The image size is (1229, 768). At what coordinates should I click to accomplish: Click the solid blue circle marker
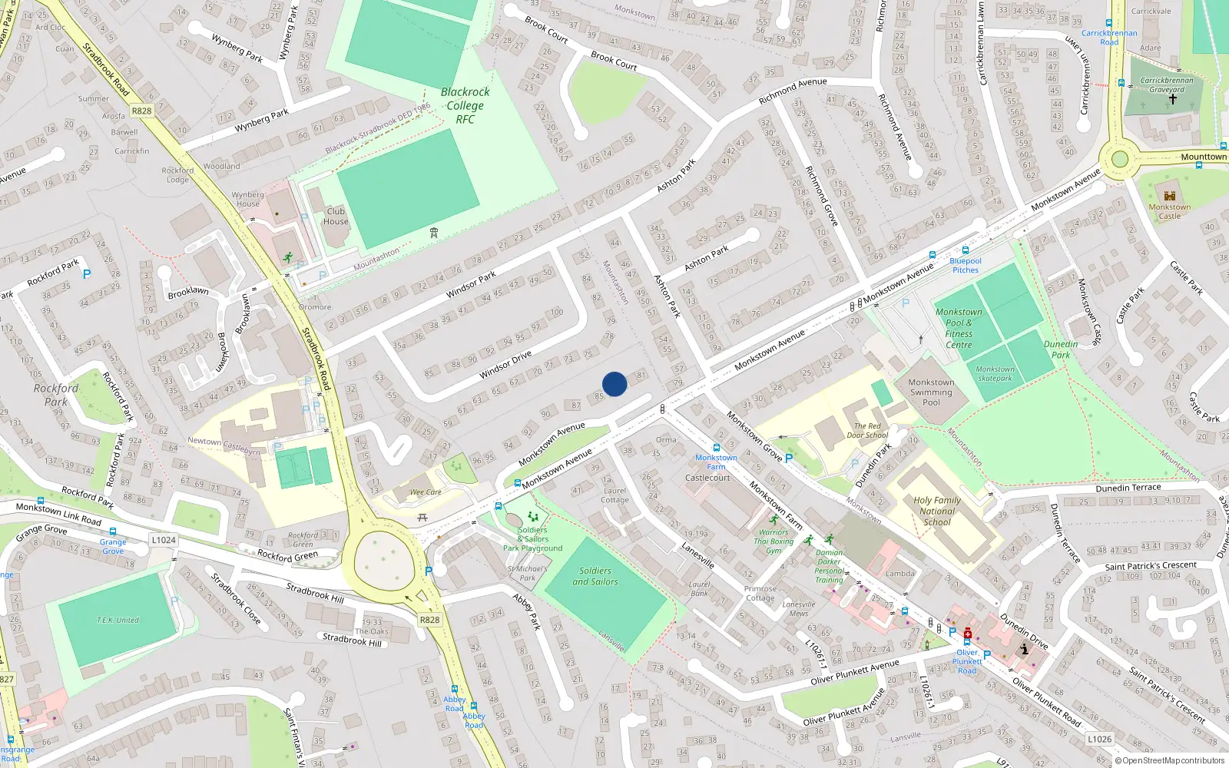pos(614,384)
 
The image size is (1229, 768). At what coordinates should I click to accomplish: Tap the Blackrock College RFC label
pos(465,105)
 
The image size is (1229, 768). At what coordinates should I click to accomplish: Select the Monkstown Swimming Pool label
pos(931,392)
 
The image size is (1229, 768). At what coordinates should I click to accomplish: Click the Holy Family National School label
pos(937,511)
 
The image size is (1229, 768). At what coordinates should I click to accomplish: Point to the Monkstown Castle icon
pos(1170,196)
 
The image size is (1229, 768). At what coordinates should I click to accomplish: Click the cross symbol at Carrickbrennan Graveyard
pos(1173,99)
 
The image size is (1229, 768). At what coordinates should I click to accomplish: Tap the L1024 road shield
pos(164,540)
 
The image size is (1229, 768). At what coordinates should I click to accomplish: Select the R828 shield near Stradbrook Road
pos(142,111)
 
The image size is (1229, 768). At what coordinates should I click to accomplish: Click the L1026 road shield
pos(1099,739)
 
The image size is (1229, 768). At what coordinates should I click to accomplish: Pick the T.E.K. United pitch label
pos(118,620)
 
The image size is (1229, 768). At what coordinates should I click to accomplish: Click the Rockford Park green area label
pos(55,395)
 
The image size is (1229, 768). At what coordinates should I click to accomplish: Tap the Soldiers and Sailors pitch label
pos(595,576)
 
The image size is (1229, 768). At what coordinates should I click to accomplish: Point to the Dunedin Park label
pos(1061,349)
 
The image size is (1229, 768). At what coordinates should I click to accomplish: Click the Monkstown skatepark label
pos(995,373)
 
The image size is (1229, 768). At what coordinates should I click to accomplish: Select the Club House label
pos(336,216)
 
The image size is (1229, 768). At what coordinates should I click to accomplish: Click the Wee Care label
pos(426,492)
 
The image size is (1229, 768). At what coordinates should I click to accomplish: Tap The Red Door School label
pos(867,431)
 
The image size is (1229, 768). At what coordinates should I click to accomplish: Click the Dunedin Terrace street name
pos(1128,488)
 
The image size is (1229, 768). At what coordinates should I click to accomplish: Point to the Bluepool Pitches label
pos(966,265)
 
